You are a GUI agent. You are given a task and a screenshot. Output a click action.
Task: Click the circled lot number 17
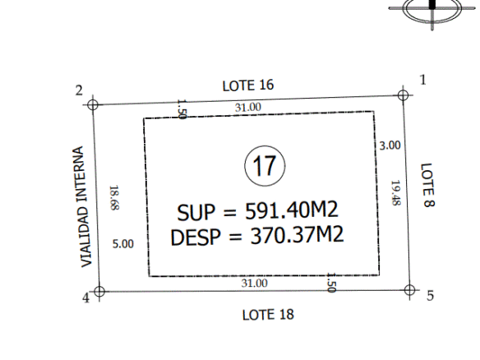[265, 165]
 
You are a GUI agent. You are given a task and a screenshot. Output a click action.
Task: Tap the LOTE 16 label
[248, 85]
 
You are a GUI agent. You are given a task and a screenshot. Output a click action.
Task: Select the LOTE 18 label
[268, 315]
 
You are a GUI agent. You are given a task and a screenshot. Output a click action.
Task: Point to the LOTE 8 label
[427, 185]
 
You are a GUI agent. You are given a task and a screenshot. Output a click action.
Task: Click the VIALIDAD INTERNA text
[82, 206]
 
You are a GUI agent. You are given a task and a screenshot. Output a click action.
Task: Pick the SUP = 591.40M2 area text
[257, 211]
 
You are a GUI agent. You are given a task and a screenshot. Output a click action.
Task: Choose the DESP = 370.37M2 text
[257, 236]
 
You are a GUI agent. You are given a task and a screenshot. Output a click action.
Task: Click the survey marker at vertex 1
[403, 95]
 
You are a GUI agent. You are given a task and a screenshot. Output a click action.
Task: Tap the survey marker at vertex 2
[92, 104]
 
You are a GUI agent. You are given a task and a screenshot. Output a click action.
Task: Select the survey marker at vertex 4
[99, 292]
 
